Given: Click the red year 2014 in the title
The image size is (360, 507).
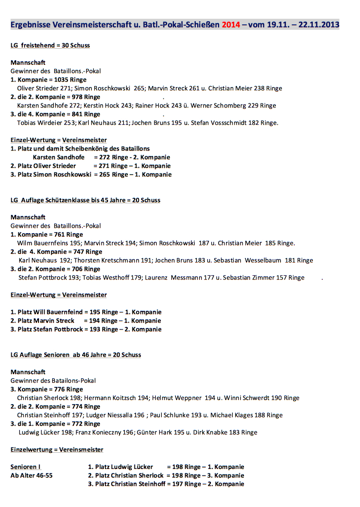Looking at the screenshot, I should point(231,24).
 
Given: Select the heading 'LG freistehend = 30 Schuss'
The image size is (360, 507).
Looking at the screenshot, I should point(50,45).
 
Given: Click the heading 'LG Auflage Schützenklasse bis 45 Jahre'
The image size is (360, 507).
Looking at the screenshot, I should point(85,200).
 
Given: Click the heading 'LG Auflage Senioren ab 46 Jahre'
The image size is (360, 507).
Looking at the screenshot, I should point(76,355).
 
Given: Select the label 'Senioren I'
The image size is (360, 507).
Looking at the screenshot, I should point(25,466).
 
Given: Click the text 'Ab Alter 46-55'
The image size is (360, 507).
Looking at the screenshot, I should point(31,476).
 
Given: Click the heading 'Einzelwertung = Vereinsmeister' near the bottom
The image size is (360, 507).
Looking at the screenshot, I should point(57,450).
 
